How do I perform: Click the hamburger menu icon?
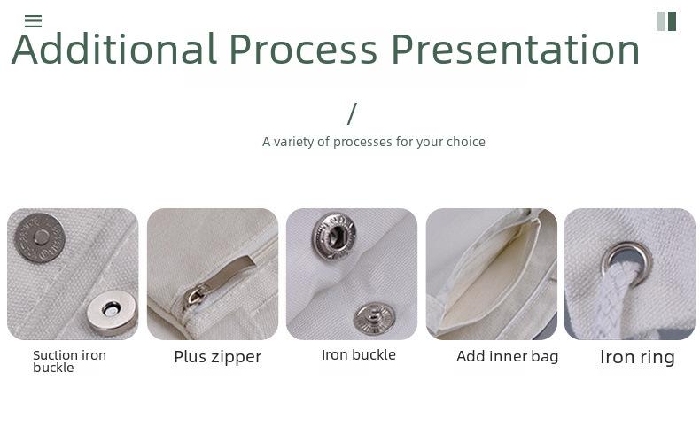[x=33, y=21]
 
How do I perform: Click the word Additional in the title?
[x=114, y=49]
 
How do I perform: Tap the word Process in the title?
[x=304, y=49]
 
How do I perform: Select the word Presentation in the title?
[x=516, y=49]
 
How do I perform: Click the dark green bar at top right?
[x=672, y=21]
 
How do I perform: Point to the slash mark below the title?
[x=353, y=113]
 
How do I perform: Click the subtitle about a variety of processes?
[x=374, y=142]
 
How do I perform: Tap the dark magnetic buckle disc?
[x=40, y=237]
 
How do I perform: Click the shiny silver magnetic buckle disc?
[x=111, y=313]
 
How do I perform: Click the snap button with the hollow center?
[x=334, y=236]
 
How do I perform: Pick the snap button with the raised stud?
[x=374, y=318]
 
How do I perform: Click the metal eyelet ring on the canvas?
[x=626, y=263]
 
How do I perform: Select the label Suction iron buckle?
[x=70, y=361]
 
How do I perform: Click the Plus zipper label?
[x=217, y=357]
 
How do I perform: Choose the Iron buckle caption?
[x=359, y=355]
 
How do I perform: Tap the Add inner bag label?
[x=507, y=356]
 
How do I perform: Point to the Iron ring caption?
[x=637, y=357]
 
